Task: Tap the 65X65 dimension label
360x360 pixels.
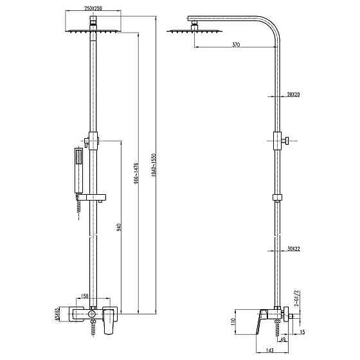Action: tap(57, 313)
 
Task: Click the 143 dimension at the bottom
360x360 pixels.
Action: tap(256, 351)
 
